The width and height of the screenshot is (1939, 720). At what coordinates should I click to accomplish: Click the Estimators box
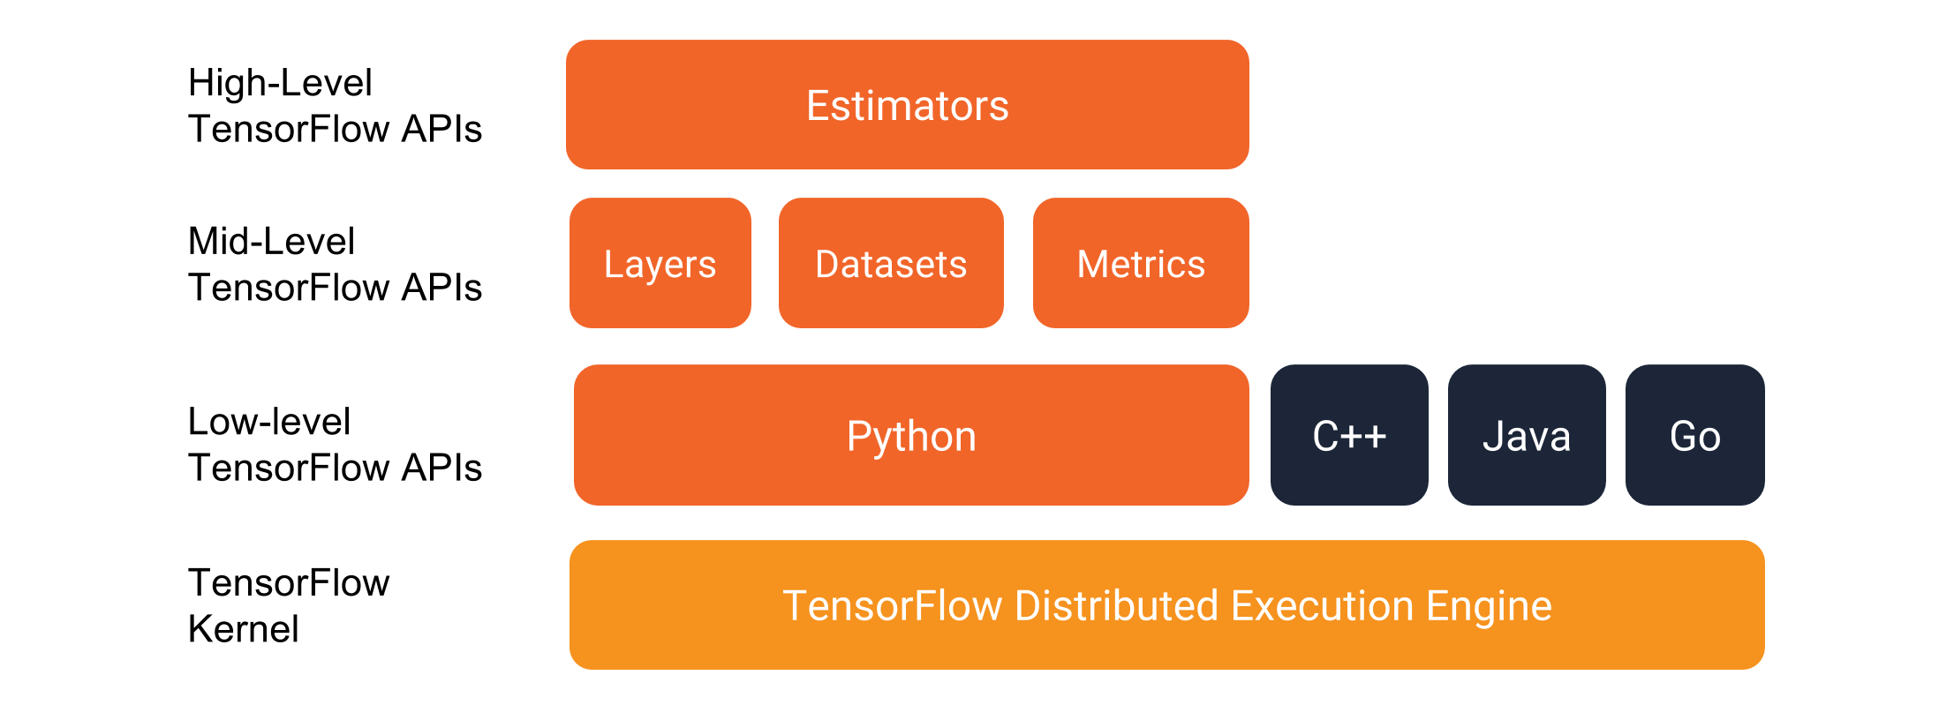[x=908, y=104]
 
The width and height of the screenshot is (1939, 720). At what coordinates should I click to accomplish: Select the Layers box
[x=660, y=263]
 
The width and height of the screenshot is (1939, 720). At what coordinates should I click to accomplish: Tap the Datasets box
[x=891, y=263]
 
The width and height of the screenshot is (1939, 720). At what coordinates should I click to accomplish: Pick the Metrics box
[x=1141, y=263]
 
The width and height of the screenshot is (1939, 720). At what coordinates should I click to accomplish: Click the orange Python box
[x=911, y=435]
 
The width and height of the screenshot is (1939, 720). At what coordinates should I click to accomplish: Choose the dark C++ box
[x=1349, y=435]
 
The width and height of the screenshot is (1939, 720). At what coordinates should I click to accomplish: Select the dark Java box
[x=1527, y=435]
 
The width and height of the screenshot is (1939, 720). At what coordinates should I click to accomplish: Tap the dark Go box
[x=1695, y=435]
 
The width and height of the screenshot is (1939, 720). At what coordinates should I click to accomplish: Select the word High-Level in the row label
[x=280, y=83]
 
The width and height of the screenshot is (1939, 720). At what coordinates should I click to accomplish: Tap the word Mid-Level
[x=272, y=241]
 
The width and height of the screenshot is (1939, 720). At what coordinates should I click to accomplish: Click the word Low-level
[x=269, y=421]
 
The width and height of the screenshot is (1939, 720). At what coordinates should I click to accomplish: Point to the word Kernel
[x=244, y=629]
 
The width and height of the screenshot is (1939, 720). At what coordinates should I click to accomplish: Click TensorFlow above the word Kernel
[x=289, y=583]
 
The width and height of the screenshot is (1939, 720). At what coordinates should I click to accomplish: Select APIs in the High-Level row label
[x=441, y=129]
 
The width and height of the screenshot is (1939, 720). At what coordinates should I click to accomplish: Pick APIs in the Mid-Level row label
[x=441, y=288]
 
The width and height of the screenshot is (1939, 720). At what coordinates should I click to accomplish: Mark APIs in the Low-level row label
[x=441, y=468]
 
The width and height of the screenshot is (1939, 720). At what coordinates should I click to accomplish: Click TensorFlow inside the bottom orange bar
[x=893, y=606]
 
